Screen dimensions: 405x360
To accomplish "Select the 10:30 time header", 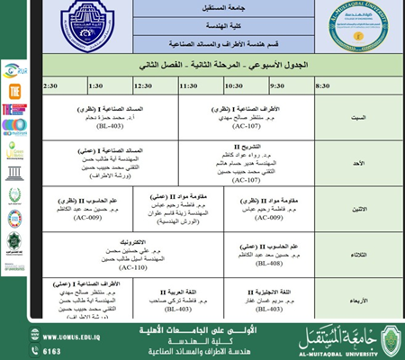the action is tap(234, 85).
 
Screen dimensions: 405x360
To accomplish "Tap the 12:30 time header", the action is tap(143, 85).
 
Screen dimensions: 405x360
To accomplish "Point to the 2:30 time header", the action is tap(50, 85).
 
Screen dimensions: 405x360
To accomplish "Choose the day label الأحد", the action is tap(358, 164).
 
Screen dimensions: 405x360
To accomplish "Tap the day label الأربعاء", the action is tap(357, 300).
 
